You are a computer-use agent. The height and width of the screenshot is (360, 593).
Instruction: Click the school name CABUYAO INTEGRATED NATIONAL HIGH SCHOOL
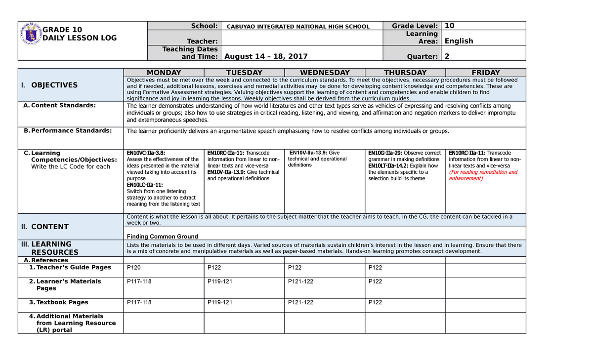298,27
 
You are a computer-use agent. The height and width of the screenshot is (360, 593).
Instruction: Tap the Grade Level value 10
449,26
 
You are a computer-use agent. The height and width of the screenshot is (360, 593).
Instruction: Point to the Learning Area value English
459,41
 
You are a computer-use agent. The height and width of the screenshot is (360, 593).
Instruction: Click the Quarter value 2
447,56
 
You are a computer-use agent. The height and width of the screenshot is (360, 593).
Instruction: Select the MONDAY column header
164,73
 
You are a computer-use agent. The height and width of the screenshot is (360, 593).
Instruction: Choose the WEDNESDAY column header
325,73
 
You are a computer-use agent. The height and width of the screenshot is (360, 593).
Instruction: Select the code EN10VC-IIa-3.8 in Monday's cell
146,153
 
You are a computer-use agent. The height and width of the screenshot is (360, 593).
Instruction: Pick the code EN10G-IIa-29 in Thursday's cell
385,153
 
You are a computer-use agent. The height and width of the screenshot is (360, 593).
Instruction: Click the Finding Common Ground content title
162,237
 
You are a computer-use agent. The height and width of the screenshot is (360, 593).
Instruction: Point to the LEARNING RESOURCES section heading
54,248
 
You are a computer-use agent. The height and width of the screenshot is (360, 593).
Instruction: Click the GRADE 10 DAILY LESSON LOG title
79,34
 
